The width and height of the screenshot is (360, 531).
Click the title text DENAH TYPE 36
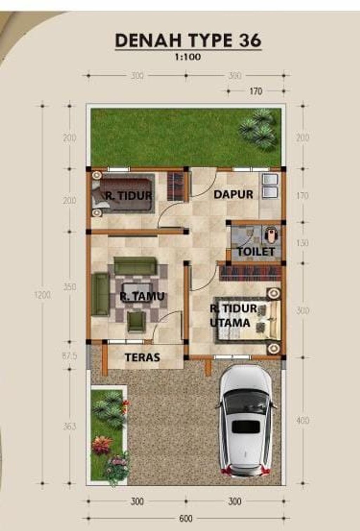(x=188, y=40)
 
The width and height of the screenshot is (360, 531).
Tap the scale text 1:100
(x=188, y=57)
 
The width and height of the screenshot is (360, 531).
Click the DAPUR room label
(x=233, y=194)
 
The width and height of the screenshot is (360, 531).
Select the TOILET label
(x=256, y=252)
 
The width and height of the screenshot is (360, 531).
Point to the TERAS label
(x=142, y=357)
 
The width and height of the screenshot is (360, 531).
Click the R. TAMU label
(x=142, y=296)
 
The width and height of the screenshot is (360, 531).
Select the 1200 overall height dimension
(x=43, y=295)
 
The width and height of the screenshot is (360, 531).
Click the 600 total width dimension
(x=186, y=519)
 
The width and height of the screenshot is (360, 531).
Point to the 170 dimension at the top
(x=256, y=91)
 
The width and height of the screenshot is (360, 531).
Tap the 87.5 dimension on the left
(x=70, y=356)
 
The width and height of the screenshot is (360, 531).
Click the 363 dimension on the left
(x=70, y=427)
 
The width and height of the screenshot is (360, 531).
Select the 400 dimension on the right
(x=303, y=421)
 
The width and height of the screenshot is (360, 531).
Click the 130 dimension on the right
(x=302, y=243)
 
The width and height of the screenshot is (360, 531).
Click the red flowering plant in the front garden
(x=102, y=445)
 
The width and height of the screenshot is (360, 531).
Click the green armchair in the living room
(x=136, y=321)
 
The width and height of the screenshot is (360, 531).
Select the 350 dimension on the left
(x=70, y=287)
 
